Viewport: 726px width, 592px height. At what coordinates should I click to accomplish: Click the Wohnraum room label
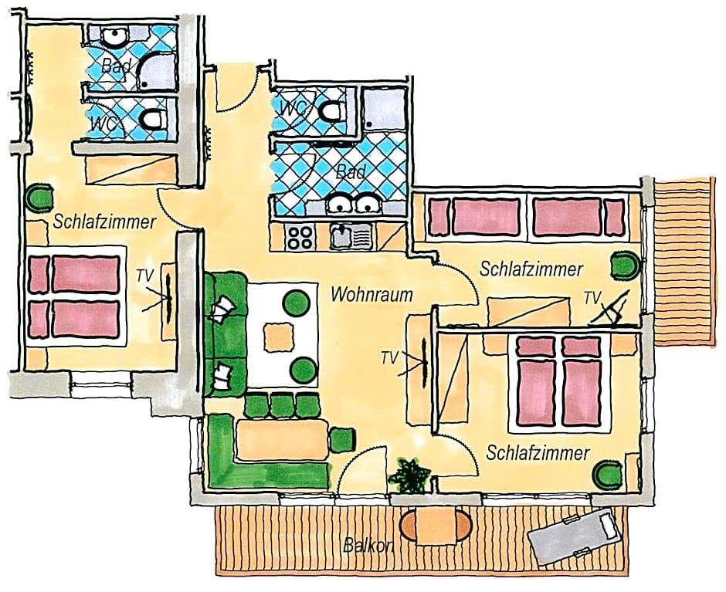pyautogui.click(x=371, y=294)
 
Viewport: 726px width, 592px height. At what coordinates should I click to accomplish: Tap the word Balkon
pyautogui.click(x=368, y=546)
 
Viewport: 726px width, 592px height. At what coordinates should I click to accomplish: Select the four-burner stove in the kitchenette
pyautogui.click(x=300, y=236)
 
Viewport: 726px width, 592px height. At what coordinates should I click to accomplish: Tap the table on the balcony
pyautogui.click(x=436, y=526)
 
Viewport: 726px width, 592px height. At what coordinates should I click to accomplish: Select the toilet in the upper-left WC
pyautogui.click(x=153, y=119)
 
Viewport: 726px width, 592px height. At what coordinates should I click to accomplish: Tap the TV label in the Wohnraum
pyautogui.click(x=390, y=357)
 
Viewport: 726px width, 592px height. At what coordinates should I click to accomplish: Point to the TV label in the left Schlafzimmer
pyautogui.click(x=145, y=276)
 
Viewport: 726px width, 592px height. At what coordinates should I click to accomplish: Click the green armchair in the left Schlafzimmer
pyautogui.click(x=39, y=198)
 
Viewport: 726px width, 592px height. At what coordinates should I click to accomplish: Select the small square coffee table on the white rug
pyautogui.click(x=279, y=337)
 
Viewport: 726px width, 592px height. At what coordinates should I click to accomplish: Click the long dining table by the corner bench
pyautogui.click(x=283, y=439)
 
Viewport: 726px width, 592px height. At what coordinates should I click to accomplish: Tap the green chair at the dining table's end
pyautogui.click(x=343, y=439)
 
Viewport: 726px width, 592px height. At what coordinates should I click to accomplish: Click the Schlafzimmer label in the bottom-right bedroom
pyautogui.click(x=538, y=453)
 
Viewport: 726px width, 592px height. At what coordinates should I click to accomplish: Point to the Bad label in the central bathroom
pyautogui.click(x=351, y=172)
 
